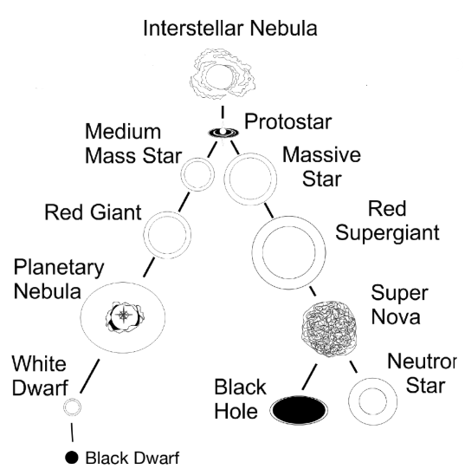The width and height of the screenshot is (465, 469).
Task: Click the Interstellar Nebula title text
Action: click(x=230, y=28)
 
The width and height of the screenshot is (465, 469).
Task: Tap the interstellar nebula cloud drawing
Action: click(x=223, y=75)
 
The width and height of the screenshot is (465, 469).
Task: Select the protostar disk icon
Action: click(x=223, y=133)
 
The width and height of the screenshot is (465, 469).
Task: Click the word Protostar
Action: click(x=288, y=121)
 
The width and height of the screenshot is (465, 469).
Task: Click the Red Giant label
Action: click(x=93, y=212)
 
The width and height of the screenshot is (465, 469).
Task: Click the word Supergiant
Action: click(x=387, y=233)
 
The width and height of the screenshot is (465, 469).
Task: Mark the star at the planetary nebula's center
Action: click(x=124, y=315)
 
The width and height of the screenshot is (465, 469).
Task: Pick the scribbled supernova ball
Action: click(x=329, y=329)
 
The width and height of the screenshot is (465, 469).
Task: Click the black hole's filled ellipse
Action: click(x=299, y=410)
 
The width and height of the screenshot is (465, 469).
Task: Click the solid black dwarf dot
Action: click(x=72, y=458)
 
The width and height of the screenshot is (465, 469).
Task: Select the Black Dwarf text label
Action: click(x=132, y=458)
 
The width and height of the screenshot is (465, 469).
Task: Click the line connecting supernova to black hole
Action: click(x=310, y=377)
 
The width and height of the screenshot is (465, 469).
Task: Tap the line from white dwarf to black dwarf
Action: click(x=72, y=433)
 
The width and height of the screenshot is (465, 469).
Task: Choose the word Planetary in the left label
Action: click(x=59, y=268)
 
